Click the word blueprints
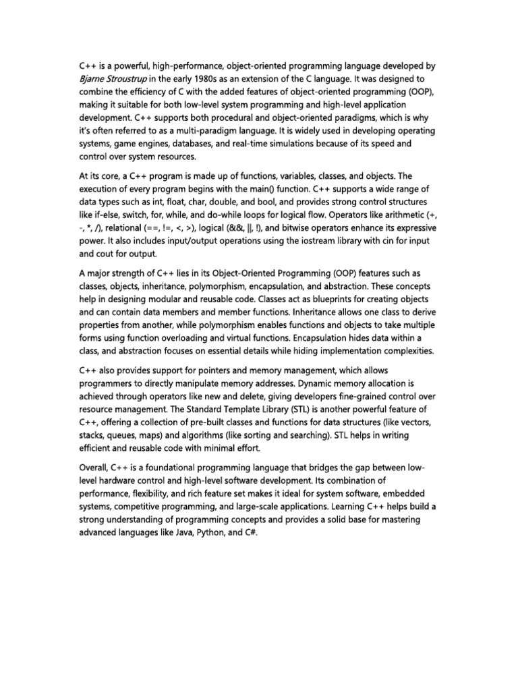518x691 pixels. tap(299, 299)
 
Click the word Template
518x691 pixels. tap(238, 410)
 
